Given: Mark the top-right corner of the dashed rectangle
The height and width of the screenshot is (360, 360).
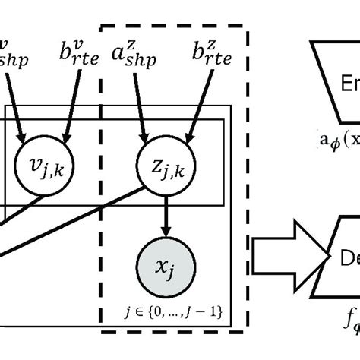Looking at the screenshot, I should point(248,29).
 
